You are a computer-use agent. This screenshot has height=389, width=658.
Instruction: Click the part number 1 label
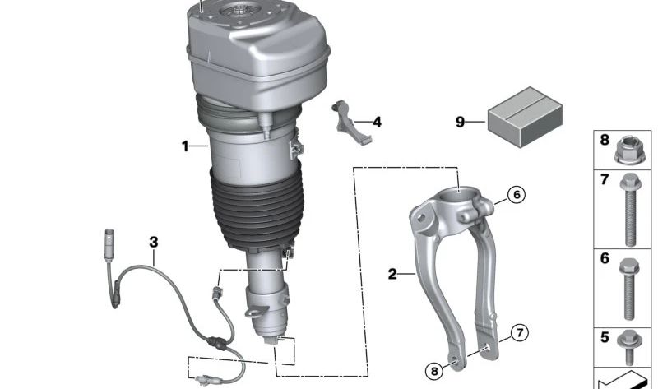pos(185,146)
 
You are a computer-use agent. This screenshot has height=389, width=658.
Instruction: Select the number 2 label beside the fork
pos(392,273)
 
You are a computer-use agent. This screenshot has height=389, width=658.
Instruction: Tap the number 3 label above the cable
pos(153,242)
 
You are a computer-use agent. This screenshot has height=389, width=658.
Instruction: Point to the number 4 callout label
pos(377,123)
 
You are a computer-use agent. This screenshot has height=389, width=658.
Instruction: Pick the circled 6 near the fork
pos(515,195)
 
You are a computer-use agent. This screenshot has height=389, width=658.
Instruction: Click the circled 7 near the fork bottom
pos(518,333)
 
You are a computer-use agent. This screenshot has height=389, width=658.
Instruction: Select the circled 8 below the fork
pos(434,371)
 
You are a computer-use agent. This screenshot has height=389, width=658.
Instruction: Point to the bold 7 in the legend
pos(605,180)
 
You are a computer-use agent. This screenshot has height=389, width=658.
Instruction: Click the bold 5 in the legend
pos(605,337)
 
